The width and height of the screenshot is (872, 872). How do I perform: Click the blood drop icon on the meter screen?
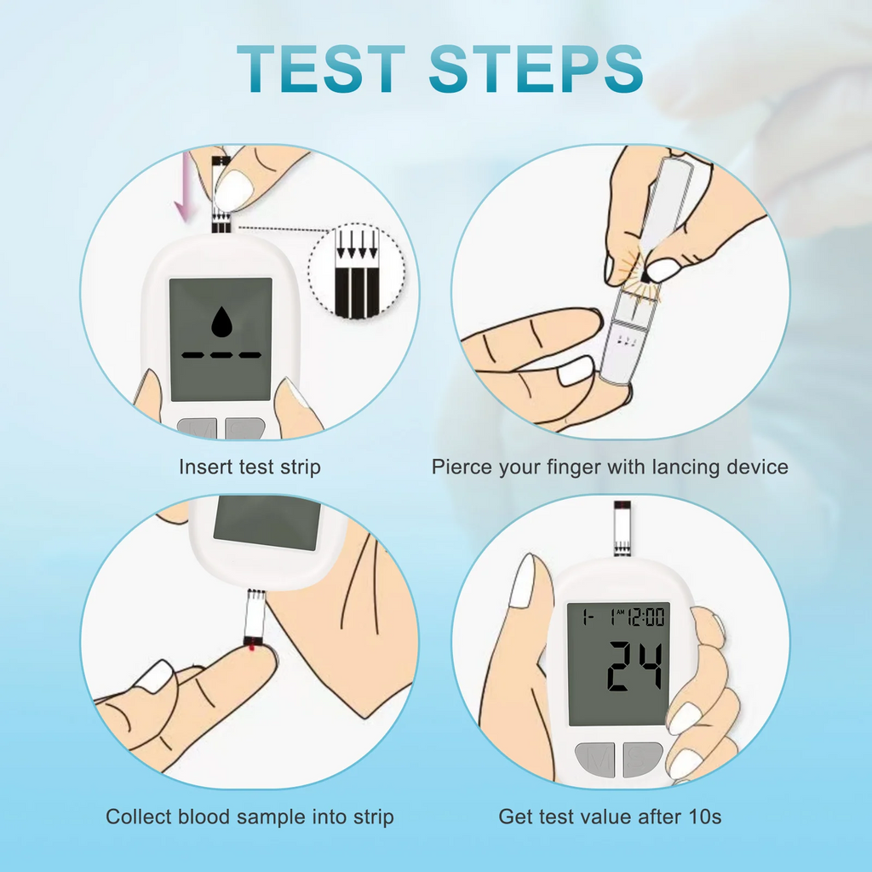click(x=221, y=323)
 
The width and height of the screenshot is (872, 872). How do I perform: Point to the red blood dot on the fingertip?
click(x=252, y=651)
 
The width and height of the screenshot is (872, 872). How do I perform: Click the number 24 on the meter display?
click(x=634, y=666)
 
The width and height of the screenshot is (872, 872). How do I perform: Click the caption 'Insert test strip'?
click(x=250, y=467)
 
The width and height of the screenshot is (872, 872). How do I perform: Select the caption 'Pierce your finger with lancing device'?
click(x=610, y=467)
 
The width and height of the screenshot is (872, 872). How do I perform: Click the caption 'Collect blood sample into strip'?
click(x=250, y=817)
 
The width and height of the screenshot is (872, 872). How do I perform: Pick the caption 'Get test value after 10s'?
click(x=610, y=817)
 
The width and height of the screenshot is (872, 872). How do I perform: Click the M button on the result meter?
click(x=594, y=758)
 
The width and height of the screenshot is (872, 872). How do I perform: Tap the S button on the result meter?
click(x=642, y=758)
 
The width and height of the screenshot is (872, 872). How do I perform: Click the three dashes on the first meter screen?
click(x=221, y=353)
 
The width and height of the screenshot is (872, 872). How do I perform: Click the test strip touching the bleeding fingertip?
click(x=255, y=620)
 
